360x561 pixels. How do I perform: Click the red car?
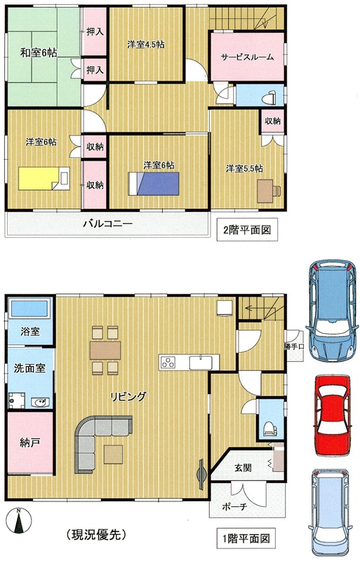pyautogui.click(x=332, y=415)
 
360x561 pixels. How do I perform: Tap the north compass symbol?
pyautogui.click(x=19, y=521)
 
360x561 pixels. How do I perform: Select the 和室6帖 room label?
pyautogui.click(x=39, y=53)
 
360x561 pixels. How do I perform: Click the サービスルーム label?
pyautogui.click(x=247, y=57)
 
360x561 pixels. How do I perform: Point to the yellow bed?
pyautogui.click(x=44, y=178)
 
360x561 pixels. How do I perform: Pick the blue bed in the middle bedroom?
pyautogui.click(x=154, y=184)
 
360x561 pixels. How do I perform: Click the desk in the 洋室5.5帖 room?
pyautogui.click(x=269, y=191)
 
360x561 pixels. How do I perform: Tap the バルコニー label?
pyautogui.click(x=108, y=224)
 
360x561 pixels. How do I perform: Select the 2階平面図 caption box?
pyautogui.click(x=247, y=230)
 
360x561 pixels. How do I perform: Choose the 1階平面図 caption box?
pyautogui.click(x=246, y=538)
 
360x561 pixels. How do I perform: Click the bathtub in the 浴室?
pyautogui.click(x=29, y=308)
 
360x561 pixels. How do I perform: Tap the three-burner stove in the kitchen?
pyautogui.click(x=168, y=363)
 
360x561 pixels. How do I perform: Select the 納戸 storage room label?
pyautogui.click(x=29, y=442)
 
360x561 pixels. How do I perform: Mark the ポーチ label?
pyautogui.click(x=234, y=506)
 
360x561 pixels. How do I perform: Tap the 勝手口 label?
pyautogui.click(x=295, y=346)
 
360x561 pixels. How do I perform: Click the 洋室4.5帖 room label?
pyautogui.click(x=146, y=44)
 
